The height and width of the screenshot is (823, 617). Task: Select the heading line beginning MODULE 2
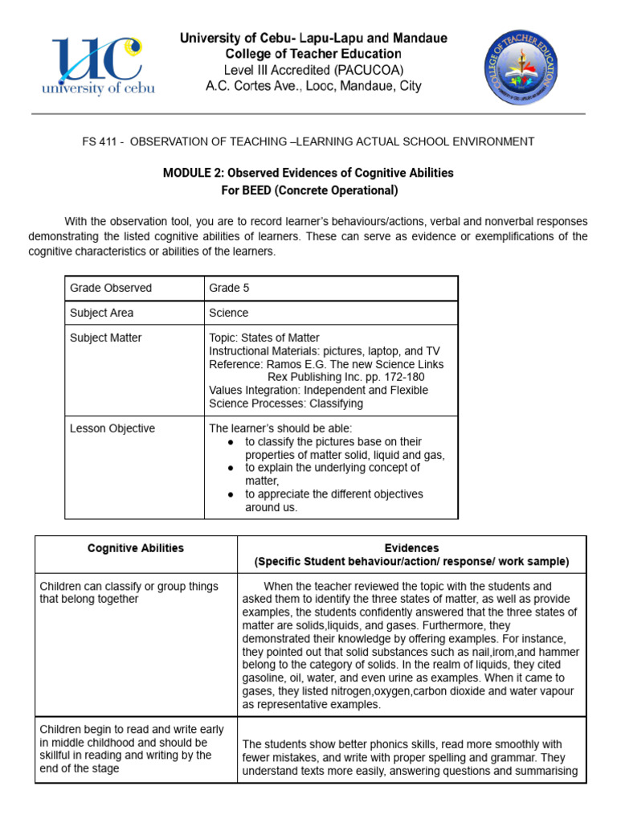point(308,173)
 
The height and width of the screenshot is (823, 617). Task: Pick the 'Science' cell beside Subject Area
point(229,313)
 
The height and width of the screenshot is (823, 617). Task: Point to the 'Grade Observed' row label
point(111,288)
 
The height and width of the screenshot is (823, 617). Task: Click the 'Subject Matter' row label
point(106,338)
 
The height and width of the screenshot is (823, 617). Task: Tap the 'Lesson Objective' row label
point(112,428)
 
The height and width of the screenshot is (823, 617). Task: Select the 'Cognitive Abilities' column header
point(136,548)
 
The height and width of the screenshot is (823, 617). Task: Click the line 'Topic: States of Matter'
point(264,338)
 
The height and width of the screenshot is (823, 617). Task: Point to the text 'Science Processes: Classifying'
point(286,403)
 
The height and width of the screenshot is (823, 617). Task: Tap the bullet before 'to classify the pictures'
point(231,442)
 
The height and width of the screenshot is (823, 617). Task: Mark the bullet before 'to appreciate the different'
point(231,494)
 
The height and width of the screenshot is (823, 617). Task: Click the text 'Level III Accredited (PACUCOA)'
point(313,70)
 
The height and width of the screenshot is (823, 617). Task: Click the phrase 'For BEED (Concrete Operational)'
point(308,190)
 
